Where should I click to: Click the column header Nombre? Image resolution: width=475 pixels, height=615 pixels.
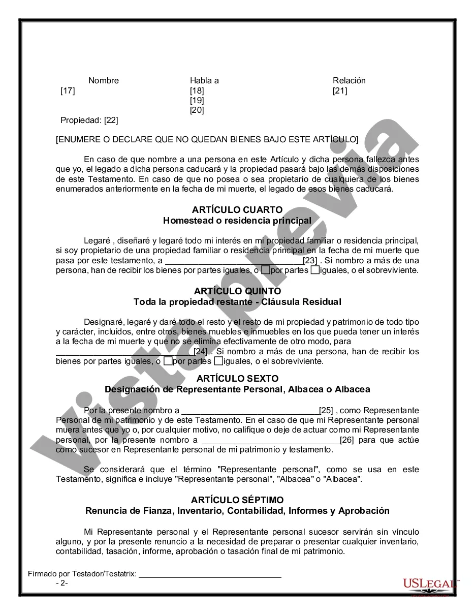pyautogui.click(x=104, y=80)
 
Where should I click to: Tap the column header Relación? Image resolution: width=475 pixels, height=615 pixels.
pyautogui.click(x=349, y=80)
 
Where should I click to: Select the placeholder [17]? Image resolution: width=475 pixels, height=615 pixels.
pyautogui.click(x=68, y=91)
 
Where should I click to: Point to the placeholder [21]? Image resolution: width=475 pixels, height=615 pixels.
pyautogui.click(x=340, y=91)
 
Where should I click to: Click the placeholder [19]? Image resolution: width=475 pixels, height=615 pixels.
pyautogui.click(x=197, y=101)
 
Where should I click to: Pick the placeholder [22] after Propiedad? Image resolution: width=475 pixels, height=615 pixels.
pyautogui.click(x=111, y=120)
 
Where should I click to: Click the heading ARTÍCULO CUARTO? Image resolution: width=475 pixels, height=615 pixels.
pyautogui.click(x=237, y=210)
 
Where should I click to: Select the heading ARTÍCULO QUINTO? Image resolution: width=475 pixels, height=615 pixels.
pyautogui.click(x=237, y=291)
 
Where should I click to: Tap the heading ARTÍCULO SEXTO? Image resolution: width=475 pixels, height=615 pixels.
pyautogui.click(x=237, y=379)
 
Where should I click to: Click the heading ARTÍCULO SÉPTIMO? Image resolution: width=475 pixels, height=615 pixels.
pyautogui.click(x=237, y=500)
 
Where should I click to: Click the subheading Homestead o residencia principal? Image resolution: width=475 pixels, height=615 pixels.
pyautogui.click(x=237, y=221)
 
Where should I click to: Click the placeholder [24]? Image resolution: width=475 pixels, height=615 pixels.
pyautogui.click(x=201, y=351)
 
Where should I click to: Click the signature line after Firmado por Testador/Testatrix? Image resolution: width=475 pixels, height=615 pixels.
pyautogui.click(x=210, y=574)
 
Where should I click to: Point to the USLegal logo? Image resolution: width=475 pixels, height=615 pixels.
pyautogui.click(x=429, y=584)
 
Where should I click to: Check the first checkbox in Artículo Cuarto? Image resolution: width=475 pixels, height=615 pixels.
pyautogui.click(x=266, y=270)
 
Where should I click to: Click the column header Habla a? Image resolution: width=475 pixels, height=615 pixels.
pyautogui.click(x=204, y=80)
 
